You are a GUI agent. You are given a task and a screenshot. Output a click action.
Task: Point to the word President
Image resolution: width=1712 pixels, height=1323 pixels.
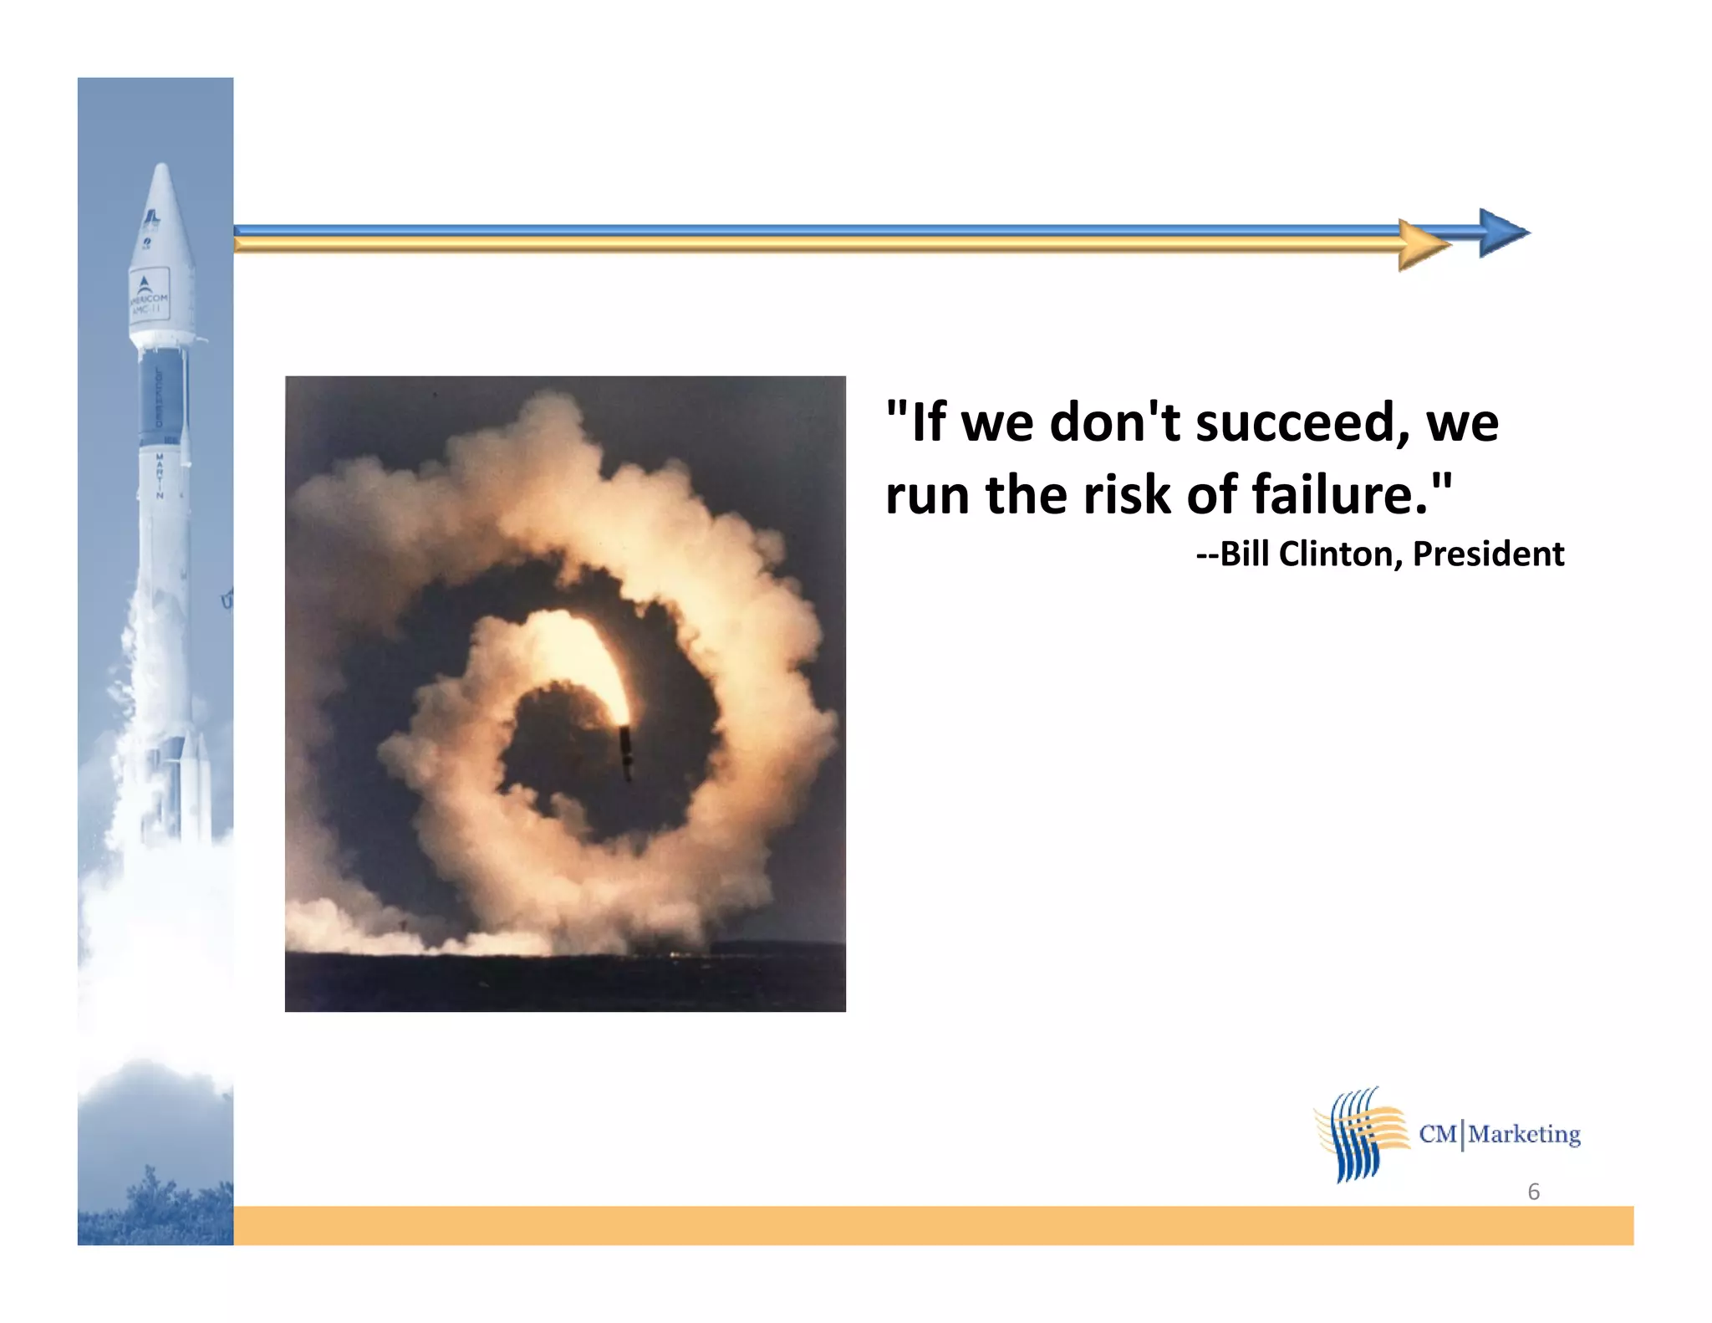(x=1488, y=554)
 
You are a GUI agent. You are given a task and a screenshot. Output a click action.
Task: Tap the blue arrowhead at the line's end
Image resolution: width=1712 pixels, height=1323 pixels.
(x=1502, y=232)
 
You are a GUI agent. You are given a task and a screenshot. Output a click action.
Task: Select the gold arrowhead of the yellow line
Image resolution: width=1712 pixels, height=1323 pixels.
(x=1423, y=246)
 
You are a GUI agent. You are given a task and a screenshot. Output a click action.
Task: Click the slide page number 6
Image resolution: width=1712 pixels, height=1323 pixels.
(x=1533, y=1192)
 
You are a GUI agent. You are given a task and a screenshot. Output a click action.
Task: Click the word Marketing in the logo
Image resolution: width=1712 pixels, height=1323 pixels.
(x=1524, y=1135)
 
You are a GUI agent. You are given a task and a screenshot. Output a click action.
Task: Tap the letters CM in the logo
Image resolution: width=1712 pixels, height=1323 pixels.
(x=1438, y=1135)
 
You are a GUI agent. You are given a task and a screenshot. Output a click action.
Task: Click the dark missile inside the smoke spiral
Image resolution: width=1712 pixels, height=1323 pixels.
(x=625, y=751)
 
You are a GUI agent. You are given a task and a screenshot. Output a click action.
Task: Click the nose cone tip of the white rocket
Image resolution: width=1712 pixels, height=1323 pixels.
(x=162, y=170)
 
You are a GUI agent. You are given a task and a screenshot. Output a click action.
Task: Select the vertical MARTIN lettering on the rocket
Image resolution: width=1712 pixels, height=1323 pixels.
(x=159, y=475)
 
